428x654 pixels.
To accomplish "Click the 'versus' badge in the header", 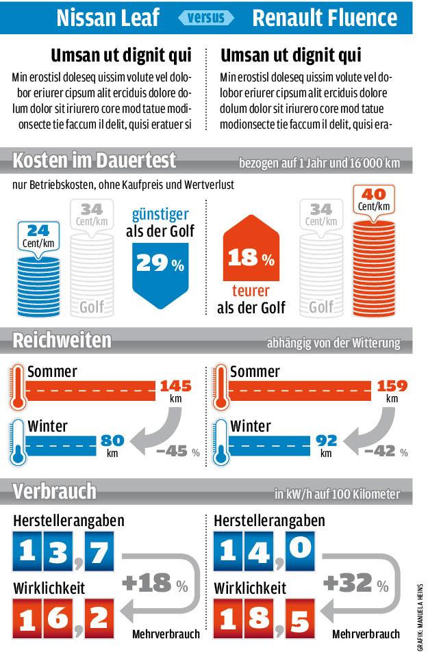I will (206, 17).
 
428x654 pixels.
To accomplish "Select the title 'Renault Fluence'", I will (325, 18).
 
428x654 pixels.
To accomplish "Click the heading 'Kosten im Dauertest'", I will (95, 161).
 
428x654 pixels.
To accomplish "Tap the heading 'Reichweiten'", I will (62, 340).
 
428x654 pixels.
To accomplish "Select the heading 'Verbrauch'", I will (55, 491).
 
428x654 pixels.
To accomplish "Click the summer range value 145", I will (175, 387).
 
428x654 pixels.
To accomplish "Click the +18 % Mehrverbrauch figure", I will (154, 584).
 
